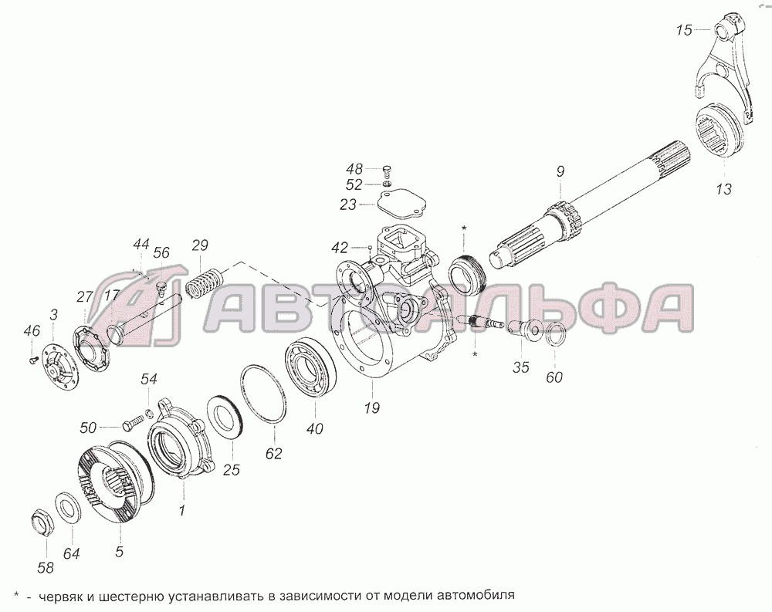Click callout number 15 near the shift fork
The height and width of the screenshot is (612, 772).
tap(684, 30)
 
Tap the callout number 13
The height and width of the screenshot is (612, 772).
tap(724, 189)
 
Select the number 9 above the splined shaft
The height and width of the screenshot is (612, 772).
tap(560, 171)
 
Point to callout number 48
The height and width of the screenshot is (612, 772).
tap(354, 169)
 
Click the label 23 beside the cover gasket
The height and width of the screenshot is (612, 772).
tap(348, 205)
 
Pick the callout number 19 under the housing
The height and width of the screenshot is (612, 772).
tap(372, 407)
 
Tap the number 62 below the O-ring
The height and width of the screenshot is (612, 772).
tap(273, 454)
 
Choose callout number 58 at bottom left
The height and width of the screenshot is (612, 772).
tap(46, 568)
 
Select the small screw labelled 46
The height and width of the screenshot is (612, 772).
tap(33, 360)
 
